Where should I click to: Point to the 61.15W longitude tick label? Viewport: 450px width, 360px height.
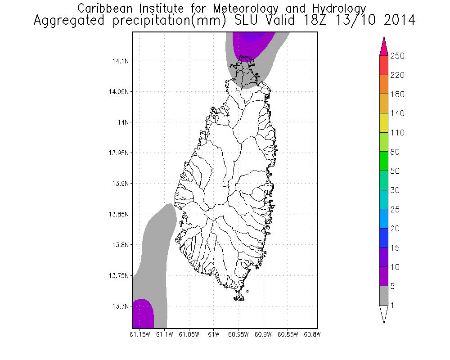coord(139,334)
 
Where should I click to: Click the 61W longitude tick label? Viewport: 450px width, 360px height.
coord(214,334)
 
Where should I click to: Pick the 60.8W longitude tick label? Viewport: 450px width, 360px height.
coord(312,334)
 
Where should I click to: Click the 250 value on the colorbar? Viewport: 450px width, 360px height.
coord(397,56)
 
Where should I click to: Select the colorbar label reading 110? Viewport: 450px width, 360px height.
coord(397,133)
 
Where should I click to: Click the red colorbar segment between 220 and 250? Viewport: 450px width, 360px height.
coord(383,65)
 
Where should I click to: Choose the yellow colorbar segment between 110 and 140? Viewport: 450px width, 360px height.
coord(383,123)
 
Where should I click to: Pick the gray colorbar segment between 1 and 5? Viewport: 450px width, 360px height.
coord(383,296)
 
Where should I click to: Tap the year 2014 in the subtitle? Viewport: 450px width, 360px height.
coord(397,21)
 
